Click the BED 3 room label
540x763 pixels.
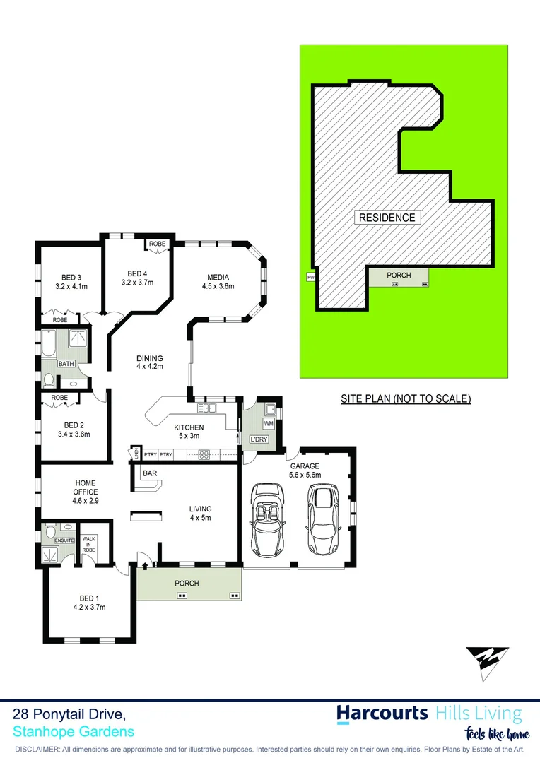(x=71, y=282)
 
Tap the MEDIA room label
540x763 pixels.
(x=218, y=281)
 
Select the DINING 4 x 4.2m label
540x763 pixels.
(x=150, y=362)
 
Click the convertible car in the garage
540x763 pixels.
(x=267, y=519)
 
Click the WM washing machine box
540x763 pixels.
(x=268, y=423)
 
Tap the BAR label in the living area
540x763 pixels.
(x=150, y=473)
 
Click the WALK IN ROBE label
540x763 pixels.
(x=88, y=543)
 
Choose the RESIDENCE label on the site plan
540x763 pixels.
(x=387, y=218)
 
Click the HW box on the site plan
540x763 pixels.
(x=310, y=278)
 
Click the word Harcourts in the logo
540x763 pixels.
(x=382, y=713)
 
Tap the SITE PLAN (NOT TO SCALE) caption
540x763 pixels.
(x=405, y=398)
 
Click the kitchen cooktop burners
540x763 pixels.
(x=204, y=454)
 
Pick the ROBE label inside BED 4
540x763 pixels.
(x=157, y=244)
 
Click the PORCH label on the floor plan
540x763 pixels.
(x=188, y=584)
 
